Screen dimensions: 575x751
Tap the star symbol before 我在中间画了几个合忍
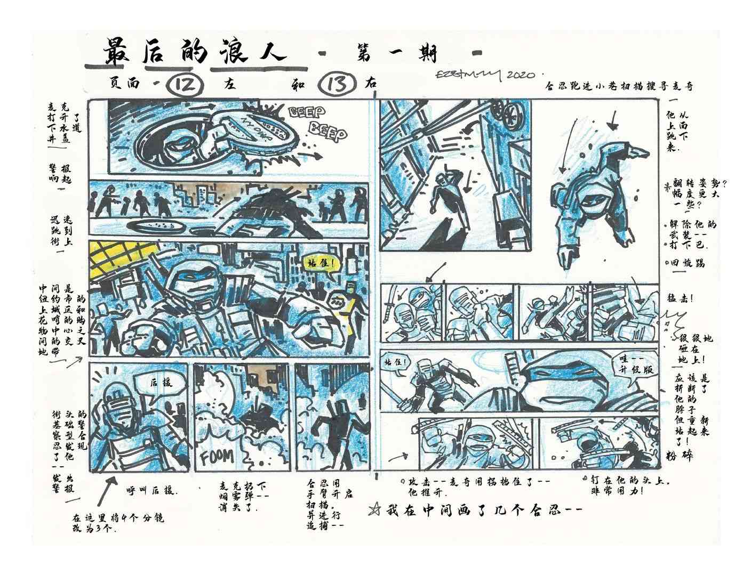point(374,510)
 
